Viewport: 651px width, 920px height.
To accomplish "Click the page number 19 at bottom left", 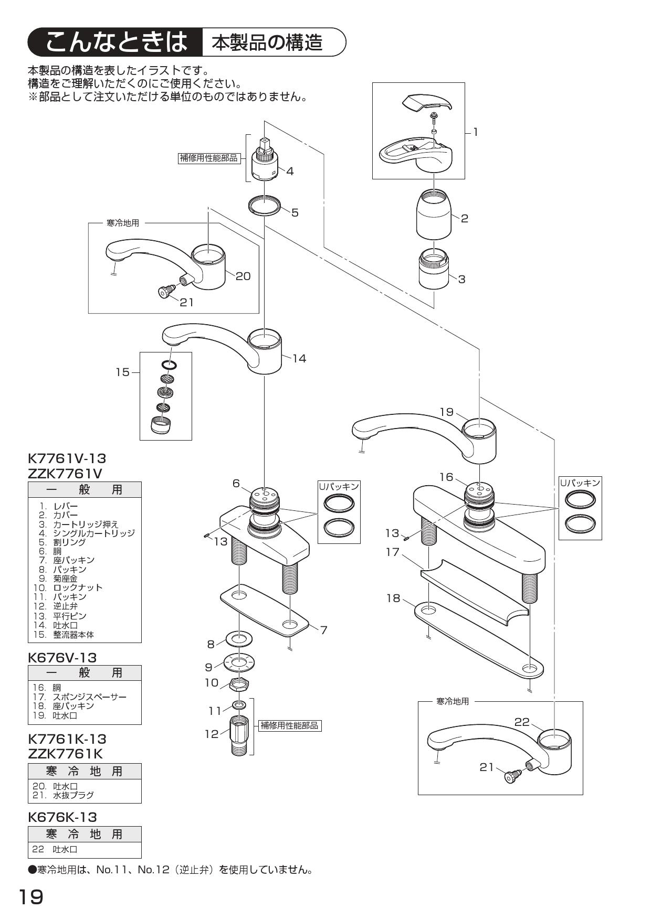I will pos(31,897).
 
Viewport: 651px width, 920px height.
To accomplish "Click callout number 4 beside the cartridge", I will pos(290,171).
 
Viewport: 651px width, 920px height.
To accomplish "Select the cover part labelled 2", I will pos(434,215).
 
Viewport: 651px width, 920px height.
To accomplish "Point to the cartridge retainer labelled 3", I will pos(434,270).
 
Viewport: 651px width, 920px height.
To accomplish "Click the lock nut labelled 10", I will pos(239,684).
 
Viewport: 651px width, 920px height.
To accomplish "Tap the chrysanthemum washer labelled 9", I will pos(239,662).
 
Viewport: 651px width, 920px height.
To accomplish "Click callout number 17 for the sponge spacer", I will pos(393,552).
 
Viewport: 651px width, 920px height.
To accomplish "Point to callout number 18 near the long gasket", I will pos(393,598).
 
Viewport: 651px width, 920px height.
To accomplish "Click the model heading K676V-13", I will pos(62,657).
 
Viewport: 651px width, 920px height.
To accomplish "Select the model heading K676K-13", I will pos(62,817).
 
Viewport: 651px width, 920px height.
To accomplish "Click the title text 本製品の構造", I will pos(267,42).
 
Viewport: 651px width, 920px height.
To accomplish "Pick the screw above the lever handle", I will pos(435,115).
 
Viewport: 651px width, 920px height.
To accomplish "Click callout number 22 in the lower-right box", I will pos(522,722).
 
